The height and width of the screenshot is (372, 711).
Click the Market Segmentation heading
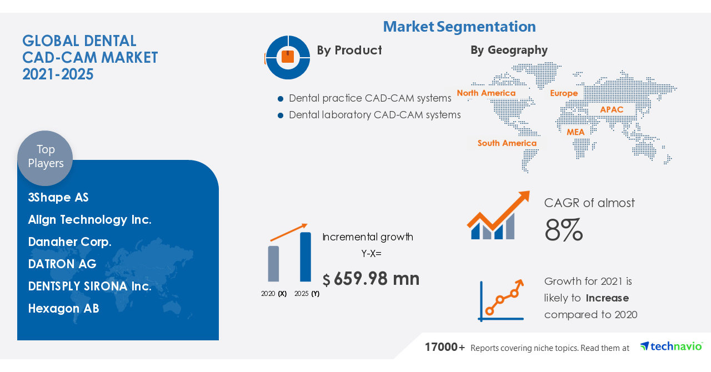click(459, 27)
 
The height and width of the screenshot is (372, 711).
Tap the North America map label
click(486, 93)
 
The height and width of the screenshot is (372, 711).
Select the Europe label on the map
click(564, 93)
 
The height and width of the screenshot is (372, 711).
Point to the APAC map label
click(612, 109)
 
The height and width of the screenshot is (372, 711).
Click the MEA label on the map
click(575, 132)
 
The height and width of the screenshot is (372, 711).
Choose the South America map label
click(507, 143)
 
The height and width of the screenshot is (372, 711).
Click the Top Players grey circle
click(45, 158)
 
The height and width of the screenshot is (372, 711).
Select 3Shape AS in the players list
click(58, 198)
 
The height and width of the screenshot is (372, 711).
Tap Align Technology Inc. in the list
click(89, 220)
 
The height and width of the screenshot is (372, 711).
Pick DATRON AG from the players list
click(62, 264)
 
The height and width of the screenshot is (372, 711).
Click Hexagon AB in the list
click(63, 309)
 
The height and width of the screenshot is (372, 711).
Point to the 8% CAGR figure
click(563, 230)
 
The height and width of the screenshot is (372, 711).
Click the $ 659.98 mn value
click(371, 279)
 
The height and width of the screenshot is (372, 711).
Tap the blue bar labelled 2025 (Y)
click(306, 257)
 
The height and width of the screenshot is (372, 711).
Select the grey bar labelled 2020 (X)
click(273, 264)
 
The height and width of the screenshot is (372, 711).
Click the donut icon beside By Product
click(288, 57)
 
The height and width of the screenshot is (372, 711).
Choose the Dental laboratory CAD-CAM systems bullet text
click(374, 115)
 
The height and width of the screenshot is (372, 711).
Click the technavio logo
click(671, 346)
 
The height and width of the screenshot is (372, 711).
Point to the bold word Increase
click(607, 298)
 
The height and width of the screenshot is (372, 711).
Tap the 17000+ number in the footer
click(445, 348)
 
